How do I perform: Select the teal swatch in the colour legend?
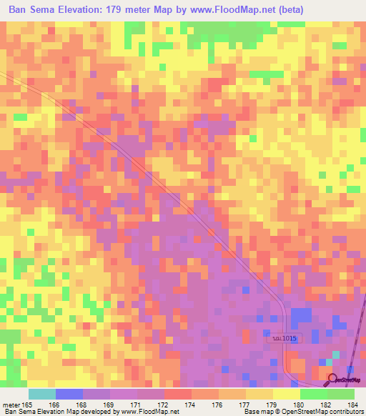pos(41,394)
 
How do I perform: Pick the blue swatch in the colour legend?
pos(69,394)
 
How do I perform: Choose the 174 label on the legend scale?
pos(190,405)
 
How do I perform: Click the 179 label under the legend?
pos(272,405)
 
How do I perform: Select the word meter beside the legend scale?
pos(11,405)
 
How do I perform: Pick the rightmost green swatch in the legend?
pos(340,394)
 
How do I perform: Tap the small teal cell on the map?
pos(336,354)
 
